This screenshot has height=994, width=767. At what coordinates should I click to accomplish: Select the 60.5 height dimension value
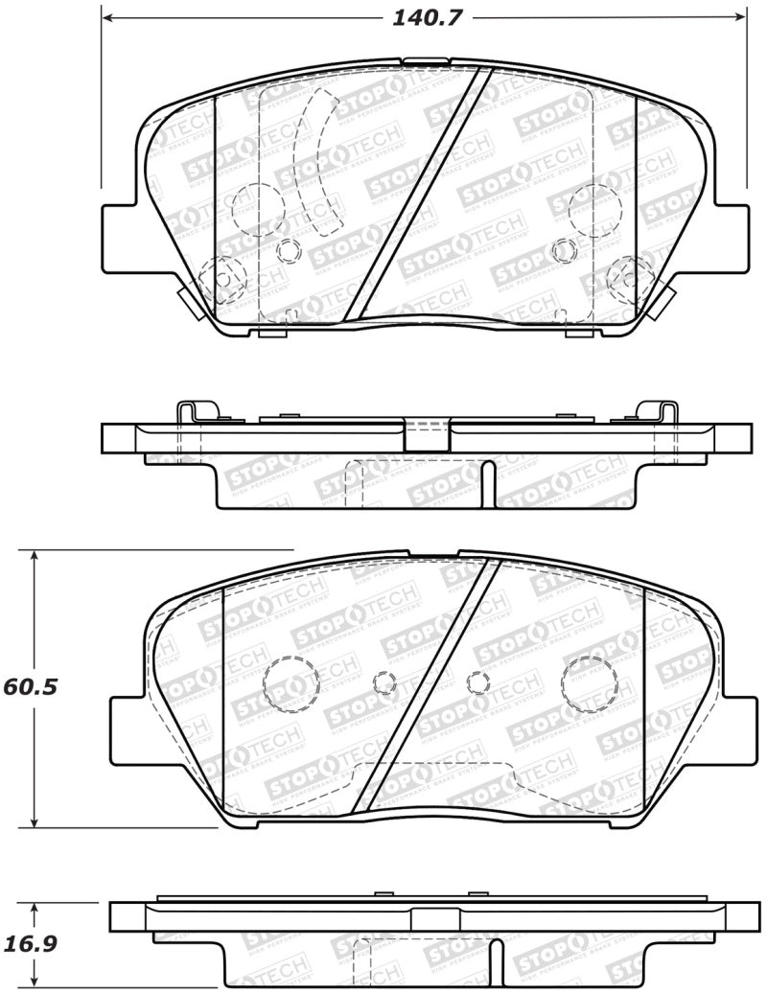pos(28,687)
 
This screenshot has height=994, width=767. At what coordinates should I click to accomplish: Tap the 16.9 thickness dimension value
pos(29,943)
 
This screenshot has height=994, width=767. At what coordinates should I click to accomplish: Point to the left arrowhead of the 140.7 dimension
pos(107,17)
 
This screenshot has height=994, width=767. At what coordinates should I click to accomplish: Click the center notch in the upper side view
pos(427,436)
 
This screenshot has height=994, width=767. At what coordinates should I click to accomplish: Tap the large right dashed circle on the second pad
pos(587,682)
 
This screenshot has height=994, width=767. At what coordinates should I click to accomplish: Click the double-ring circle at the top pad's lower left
pos(225,277)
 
